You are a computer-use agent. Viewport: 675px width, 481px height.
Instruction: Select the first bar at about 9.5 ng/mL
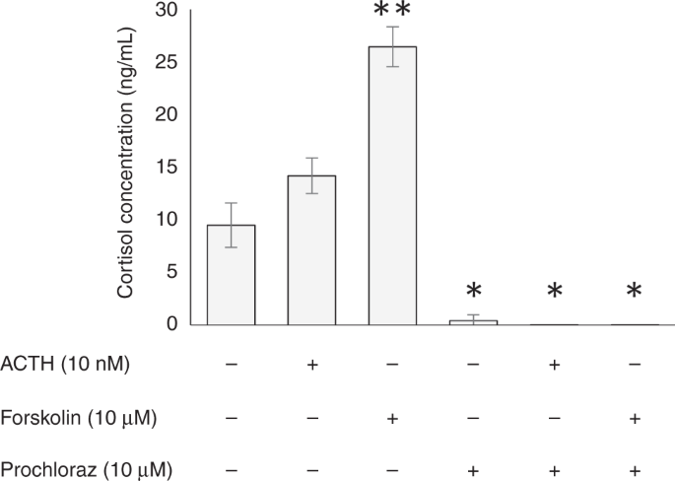click(231, 275)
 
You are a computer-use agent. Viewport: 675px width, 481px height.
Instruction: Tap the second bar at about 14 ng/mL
click(311, 250)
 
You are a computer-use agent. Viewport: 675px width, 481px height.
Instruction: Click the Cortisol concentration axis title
click(126, 166)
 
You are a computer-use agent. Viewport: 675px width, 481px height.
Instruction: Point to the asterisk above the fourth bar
click(473, 292)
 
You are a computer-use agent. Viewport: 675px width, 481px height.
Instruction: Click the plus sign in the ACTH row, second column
click(311, 365)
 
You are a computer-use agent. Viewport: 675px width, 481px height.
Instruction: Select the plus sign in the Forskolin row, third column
click(392, 418)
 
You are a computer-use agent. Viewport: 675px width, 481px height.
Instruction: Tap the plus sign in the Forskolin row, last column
click(634, 418)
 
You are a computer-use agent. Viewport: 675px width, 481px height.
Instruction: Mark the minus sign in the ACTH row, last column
click(634, 365)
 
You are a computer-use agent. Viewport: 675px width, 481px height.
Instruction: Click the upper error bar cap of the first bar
click(231, 203)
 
